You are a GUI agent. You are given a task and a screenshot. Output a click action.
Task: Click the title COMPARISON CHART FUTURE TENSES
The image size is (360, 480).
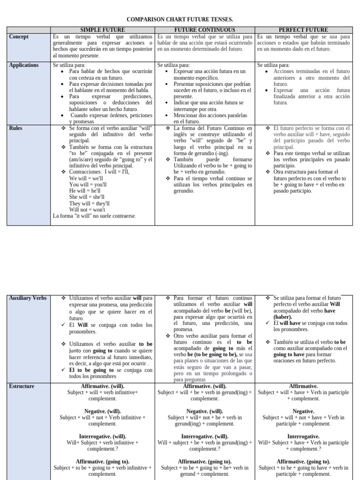pyautogui.click(x=180, y=19)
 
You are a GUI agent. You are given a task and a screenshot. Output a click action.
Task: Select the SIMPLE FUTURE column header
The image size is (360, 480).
pyautogui.click(x=103, y=30)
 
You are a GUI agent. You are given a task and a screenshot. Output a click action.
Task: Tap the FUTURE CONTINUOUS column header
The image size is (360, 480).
pyautogui.click(x=205, y=30)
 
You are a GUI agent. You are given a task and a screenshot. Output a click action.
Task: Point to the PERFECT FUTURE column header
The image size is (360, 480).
pyautogui.click(x=303, y=30)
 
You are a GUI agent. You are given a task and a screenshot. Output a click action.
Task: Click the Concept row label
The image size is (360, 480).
pyautogui.click(x=19, y=37)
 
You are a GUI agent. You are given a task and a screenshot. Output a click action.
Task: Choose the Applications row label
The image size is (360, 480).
pyautogui.click(x=24, y=65)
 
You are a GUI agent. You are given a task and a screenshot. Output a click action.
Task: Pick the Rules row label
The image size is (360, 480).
pyautogui.click(x=16, y=128)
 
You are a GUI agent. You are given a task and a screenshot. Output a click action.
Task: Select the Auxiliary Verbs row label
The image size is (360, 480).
pyautogui.click(x=28, y=298)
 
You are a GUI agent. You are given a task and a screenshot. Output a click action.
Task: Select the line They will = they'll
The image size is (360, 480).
pyautogui.click(x=90, y=204)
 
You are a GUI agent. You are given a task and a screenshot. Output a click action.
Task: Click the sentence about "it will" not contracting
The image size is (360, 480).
pyautogui.click(x=95, y=216)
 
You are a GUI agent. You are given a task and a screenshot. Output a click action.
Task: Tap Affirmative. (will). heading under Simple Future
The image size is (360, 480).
pyautogui.click(x=103, y=386)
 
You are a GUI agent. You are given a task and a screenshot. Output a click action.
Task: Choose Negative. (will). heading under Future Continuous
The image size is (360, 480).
pyautogui.click(x=205, y=411)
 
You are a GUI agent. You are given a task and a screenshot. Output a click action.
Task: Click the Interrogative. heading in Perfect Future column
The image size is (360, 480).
pyautogui.click(x=303, y=436)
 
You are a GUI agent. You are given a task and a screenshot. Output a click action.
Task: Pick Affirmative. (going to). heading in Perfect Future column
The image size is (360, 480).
pyautogui.click(x=303, y=461)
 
